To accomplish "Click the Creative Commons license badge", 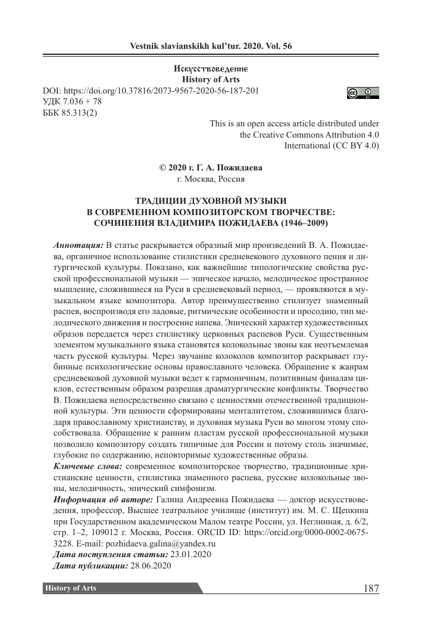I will click(x=363, y=93).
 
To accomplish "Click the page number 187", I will click(x=370, y=589).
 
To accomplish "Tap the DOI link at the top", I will click(x=151, y=91).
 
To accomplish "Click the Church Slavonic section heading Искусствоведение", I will click(x=211, y=69).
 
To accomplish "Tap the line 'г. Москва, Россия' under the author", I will click(x=211, y=179).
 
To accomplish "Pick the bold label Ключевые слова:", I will click(x=87, y=464).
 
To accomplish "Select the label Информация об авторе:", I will click(x=103, y=498).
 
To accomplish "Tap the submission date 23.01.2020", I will click(x=191, y=555).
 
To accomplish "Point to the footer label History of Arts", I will click(x=70, y=589).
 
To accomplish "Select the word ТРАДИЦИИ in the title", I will click(x=158, y=201).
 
